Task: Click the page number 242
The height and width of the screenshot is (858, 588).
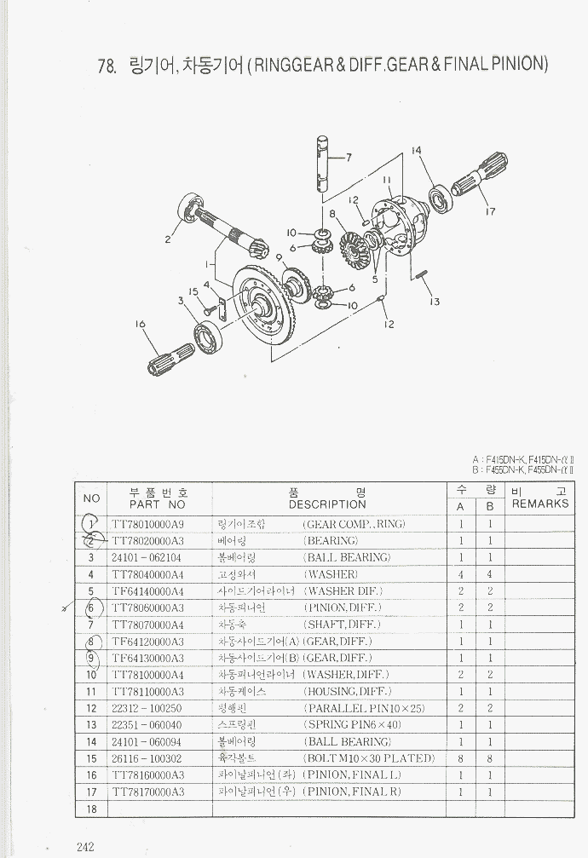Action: tap(84, 846)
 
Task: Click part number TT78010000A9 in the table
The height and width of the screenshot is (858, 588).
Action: tap(147, 524)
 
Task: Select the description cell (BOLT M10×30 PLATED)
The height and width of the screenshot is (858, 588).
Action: tap(369, 758)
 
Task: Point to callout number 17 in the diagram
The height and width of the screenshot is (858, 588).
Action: tap(489, 211)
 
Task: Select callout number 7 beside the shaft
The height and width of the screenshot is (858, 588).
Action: tap(348, 158)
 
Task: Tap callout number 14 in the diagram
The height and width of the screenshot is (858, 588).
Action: tap(416, 152)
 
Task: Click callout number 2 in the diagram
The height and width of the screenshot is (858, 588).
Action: tap(168, 239)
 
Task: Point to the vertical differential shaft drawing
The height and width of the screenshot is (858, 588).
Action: tap(322, 163)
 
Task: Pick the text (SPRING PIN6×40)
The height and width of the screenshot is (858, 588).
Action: tap(352, 724)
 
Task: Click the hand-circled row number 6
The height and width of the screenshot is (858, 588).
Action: tap(92, 608)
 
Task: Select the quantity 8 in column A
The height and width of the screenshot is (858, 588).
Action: tap(460, 758)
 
